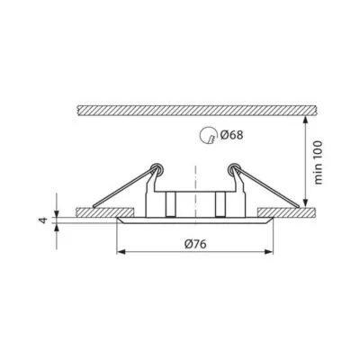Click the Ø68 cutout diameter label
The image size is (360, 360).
click(x=231, y=135)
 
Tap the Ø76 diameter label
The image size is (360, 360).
click(x=195, y=244)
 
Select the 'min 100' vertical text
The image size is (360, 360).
click(x=318, y=162)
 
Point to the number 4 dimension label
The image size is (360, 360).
click(x=44, y=220)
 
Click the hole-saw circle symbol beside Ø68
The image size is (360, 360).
click(x=208, y=135)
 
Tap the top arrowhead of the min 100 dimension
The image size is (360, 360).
click(x=305, y=121)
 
